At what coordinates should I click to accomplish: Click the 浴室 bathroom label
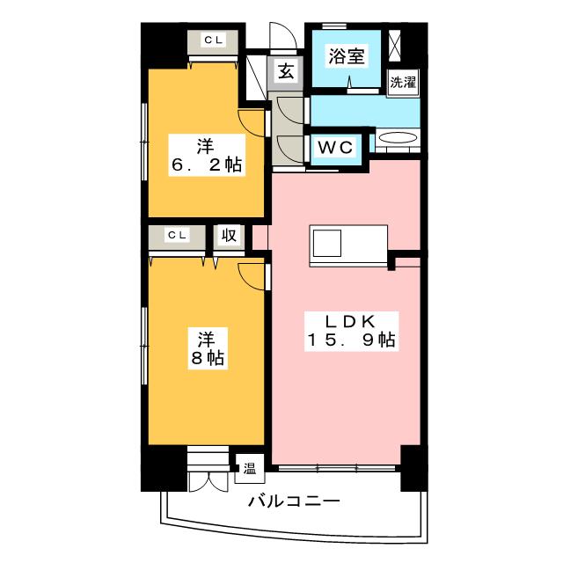346,56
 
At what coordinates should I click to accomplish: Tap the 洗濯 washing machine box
403,83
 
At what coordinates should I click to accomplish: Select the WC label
335,147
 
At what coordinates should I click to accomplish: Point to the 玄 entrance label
286,71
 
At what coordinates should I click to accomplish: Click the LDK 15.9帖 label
352,331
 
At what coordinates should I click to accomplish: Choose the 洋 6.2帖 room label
207,155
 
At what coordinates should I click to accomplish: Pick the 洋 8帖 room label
208,348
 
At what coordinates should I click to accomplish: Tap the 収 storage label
229,236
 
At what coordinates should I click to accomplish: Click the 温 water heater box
250,468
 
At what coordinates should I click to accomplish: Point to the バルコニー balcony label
294,501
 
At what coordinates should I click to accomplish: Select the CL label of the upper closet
214,40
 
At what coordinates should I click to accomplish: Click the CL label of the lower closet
177,235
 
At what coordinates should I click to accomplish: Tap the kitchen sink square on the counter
326,244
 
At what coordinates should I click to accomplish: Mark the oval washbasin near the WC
398,138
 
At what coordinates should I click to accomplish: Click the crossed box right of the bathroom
397,45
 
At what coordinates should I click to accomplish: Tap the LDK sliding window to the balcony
337,468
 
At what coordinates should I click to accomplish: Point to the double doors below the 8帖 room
208,481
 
